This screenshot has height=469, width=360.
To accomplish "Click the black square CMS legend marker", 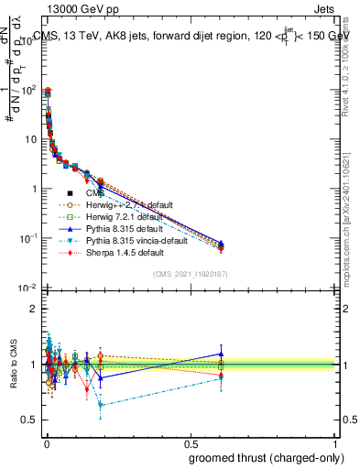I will (x=71, y=194).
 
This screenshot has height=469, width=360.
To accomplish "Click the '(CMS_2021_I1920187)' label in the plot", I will (x=191, y=274).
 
